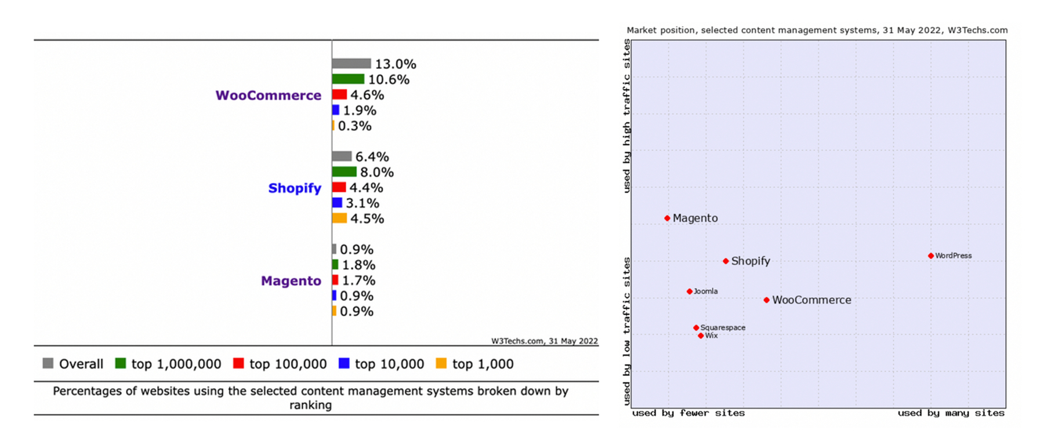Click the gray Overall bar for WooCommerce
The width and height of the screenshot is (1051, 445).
(x=351, y=64)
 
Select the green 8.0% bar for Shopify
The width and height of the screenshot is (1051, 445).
(x=345, y=172)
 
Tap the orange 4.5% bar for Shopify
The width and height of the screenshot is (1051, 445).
(x=339, y=218)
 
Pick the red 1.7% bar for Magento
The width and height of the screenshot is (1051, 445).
(x=335, y=280)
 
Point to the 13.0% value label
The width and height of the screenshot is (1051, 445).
(x=396, y=64)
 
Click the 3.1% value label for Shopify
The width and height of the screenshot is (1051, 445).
(x=363, y=203)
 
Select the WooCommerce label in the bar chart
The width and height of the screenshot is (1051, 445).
(x=268, y=96)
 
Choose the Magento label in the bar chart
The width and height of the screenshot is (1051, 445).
(x=291, y=281)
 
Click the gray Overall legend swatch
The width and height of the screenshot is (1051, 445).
(x=48, y=363)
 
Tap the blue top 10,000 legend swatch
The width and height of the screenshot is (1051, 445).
(x=344, y=363)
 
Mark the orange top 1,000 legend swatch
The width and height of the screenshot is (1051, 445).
(x=441, y=363)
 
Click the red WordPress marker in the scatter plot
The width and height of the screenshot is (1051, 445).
(x=931, y=256)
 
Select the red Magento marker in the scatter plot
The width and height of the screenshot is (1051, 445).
(x=668, y=218)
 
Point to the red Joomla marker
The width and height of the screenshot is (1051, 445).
(x=690, y=291)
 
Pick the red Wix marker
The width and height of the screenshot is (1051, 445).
(x=701, y=336)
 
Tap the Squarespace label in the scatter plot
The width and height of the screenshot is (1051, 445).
(x=723, y=328)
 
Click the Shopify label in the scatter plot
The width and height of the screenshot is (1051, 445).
(x=751, y=261)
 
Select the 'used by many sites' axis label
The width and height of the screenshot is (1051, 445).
(x=951, y=413)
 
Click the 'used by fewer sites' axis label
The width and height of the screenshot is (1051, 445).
(x=688, y=413)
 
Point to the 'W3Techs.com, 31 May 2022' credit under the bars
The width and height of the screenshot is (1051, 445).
(x=544, y=341)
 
